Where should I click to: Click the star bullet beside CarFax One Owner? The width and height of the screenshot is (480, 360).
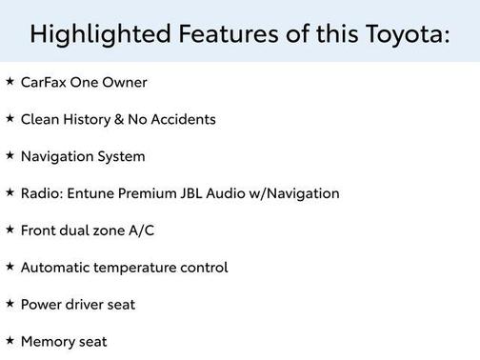point(10,82)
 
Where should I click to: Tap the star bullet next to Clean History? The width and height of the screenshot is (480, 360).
point(10,119)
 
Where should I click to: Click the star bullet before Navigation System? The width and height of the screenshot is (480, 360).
point(10,156)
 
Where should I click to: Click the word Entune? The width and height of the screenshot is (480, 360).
point(90,193)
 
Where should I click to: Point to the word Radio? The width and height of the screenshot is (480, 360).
point(40,193)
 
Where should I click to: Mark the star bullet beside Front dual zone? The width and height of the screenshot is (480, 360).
point(10,230)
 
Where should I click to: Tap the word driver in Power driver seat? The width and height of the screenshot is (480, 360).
point(87,305)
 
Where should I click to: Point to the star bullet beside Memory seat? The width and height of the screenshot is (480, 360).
point(10,340)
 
